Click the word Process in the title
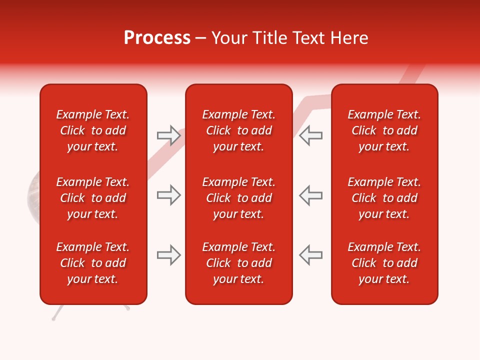pyautogui.click(x=157, y=38)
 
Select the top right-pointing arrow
pyautogui.click(x=168, y=135)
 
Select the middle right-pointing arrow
pyautogui.click(x=168, y=195)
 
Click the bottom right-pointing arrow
pyautogui.click(x=168, y=255)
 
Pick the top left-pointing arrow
pyautogui.click(x=311, y=135)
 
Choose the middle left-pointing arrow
pyautogui.click(x=311, y=195)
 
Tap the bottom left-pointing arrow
pyautogui.click(x=311, y=255)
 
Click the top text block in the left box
pyautogui.click(x=93, y=130)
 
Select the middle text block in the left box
pyautogui.click(x=93, y=198)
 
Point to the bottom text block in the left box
pyautogui.click(x=93, y=263)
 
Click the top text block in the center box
pyautogui.click(x=238, y=130)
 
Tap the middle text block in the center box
pyautogui.click(x=238, y=198)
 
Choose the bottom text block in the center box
pyautogui.click(x=238, y=263)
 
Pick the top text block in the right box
pyautogui.click(x=384, y=130)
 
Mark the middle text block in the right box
pyautogui.click(x=384, y=198)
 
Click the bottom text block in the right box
pyautogui.click(x=384, y=263)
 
